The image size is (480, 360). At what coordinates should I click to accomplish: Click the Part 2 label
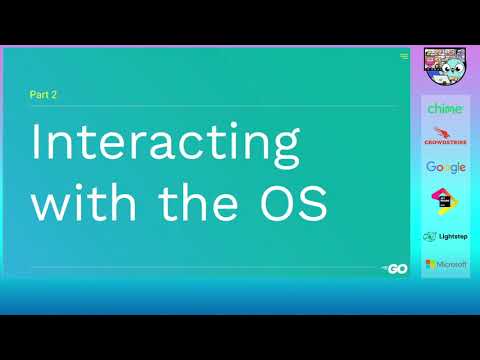(45, 96)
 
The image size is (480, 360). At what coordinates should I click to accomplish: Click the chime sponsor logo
(445, 108)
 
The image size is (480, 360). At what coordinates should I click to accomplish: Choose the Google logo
(445, 167)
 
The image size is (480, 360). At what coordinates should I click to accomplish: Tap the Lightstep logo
(445, 237)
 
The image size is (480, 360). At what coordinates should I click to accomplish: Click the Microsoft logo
(445, 264)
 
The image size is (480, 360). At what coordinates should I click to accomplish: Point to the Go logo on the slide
(395, 269)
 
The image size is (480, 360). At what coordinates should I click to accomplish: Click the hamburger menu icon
(403, 56)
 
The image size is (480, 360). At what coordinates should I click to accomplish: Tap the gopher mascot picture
(445, 69)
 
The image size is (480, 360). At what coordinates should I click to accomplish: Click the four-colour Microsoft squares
(429, 264)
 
